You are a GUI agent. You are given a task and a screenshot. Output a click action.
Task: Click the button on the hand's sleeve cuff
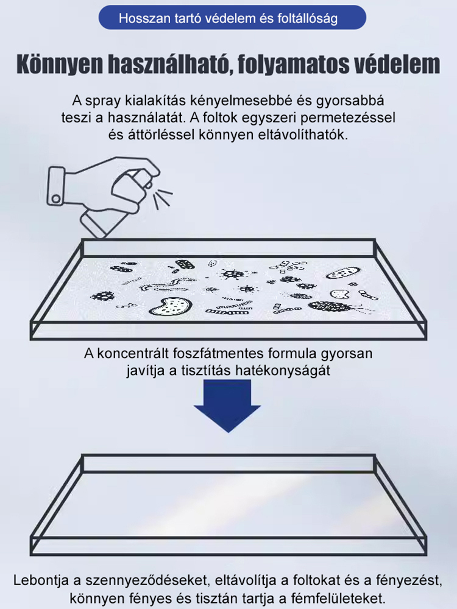[x=55, y=199]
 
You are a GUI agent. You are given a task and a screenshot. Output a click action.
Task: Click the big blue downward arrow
[x=228, y=404]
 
